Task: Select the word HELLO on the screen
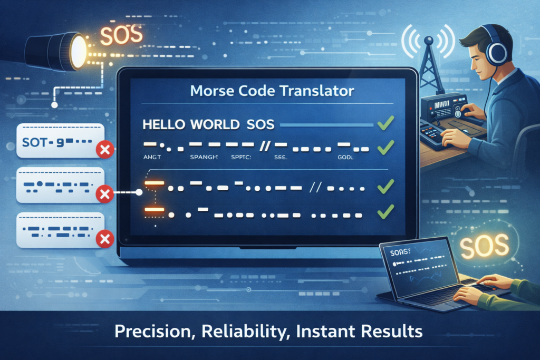pyautogui.click(x=166, y=125)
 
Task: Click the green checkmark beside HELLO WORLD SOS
pyautogui.click(x=386, y=124)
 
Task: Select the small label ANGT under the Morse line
pyautogui.click(x=153, y=157)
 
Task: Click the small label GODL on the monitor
pyautogui.click(x=345, y=157)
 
